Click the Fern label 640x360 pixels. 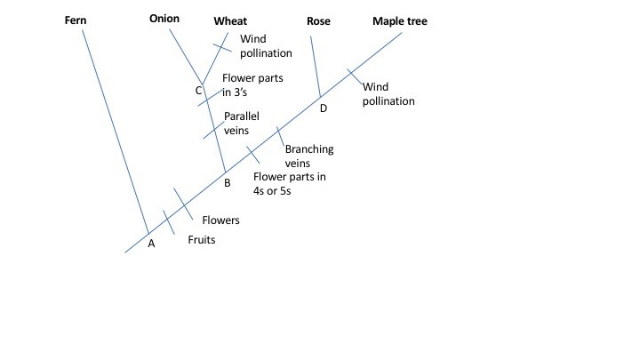[x=75, y=20]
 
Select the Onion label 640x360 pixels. [x=165, y=19]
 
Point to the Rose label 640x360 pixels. [x=317, y=20]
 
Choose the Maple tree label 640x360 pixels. [x=400, y=20]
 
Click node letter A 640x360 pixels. [x=150, y=244]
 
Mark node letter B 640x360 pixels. [x=228, y=183]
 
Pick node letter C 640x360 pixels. [x=198, y=91]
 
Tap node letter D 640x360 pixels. [x=323, y=108]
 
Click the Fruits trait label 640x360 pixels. [x=202, y=240]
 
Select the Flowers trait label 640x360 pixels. [x=220, y=220]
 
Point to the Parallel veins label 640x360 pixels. [x=241, y=123]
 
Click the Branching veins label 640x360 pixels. [x=308, y=156]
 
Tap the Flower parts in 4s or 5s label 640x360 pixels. [x=290, y=183]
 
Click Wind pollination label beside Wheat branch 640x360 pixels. [x=266, y=46]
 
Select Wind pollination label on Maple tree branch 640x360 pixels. [x=388, y=93]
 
